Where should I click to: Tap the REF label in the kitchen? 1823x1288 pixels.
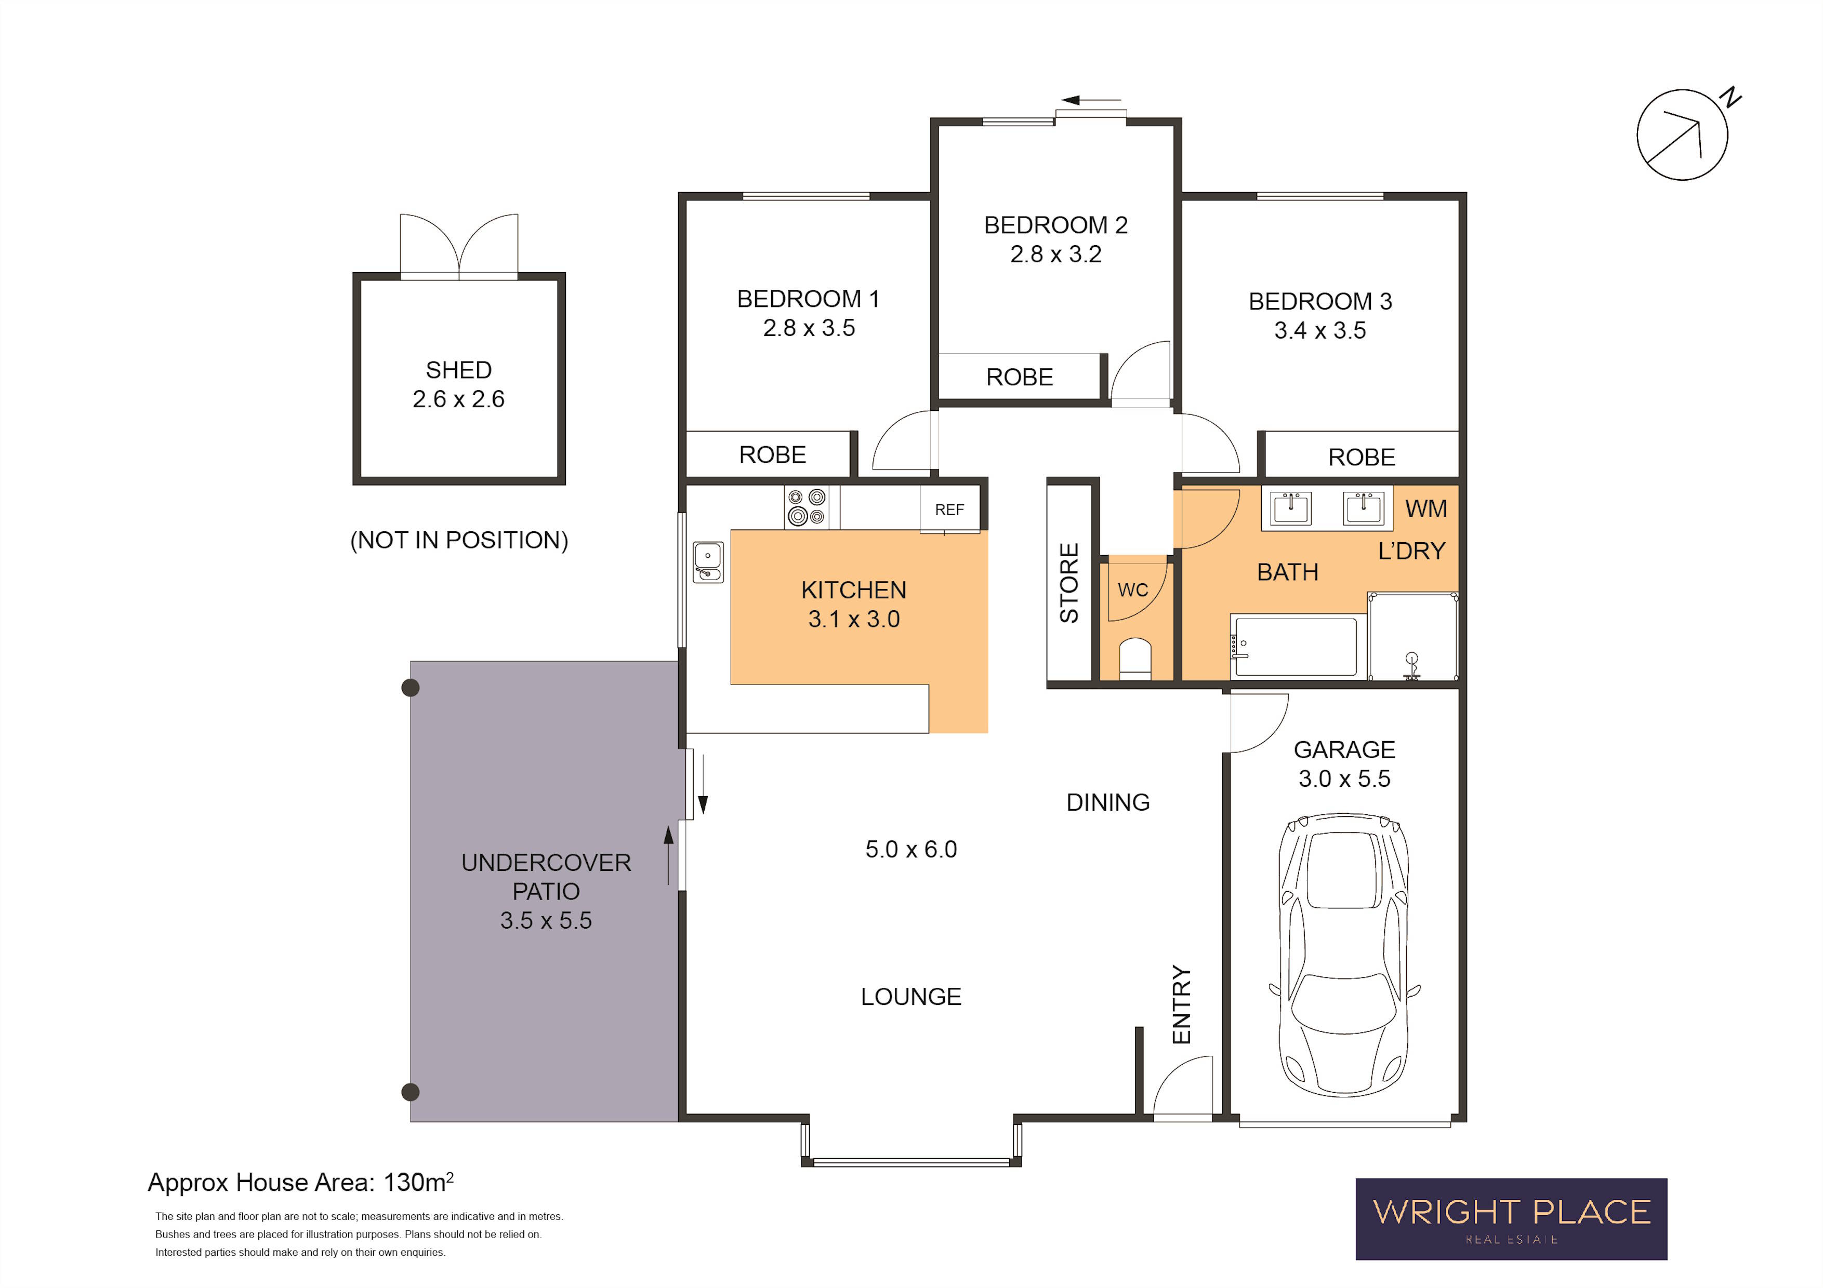click(x=949, y=509)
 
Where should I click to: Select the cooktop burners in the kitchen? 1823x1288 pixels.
click(x=806, y=507)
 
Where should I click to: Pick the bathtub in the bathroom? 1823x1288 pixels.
click(x=1294, y=647)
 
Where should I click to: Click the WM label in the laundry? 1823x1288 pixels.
click(x=1426, y=508)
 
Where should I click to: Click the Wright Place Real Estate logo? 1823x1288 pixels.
click(x=1511, y=1219)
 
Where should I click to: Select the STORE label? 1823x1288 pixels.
click(x=1069, y=583)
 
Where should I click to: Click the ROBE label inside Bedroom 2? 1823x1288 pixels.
click(x=1020, y=377)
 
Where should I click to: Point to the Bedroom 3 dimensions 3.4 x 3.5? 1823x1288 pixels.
click(x=1319, y=330)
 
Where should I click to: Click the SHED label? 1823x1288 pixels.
click(x=458, y=370)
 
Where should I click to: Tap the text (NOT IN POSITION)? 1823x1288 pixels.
click(x=459, y=540)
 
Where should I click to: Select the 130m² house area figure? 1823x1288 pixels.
click(x=418, y=1182)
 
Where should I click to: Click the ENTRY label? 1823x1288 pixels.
click(x=1181, y=1004)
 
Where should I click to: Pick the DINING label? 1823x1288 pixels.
click(x=1107, y=802)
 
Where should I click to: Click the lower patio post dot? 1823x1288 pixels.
click(x=411, y=1092)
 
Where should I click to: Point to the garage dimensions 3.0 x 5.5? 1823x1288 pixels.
click(x=1344, y=779)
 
